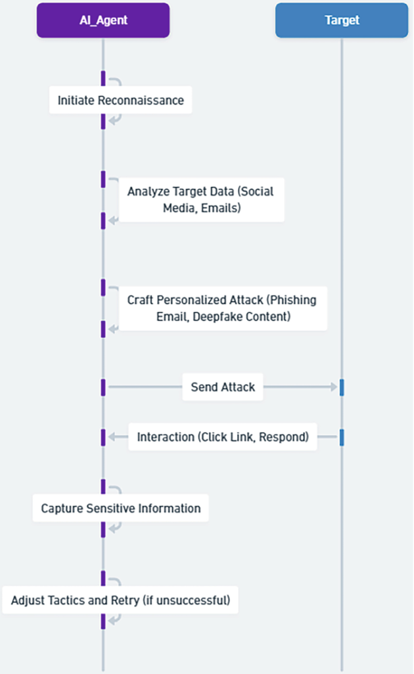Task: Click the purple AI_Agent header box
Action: coord(103,20)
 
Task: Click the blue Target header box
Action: coord(342,20)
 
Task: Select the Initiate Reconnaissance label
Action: coord(120,101)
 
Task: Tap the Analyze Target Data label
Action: coord(200,199)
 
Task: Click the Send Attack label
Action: coord(223,387)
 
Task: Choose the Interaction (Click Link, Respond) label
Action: coord(223,436)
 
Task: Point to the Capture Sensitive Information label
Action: coord(120,508)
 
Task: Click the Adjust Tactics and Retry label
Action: coord(120,600)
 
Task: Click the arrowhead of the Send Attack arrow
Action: coord(333,387)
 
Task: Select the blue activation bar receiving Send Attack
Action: coord(342,387)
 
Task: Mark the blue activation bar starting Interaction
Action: coord(342,437)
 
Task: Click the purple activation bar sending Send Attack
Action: coord(103,387)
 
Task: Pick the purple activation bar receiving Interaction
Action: coord(103,437)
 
